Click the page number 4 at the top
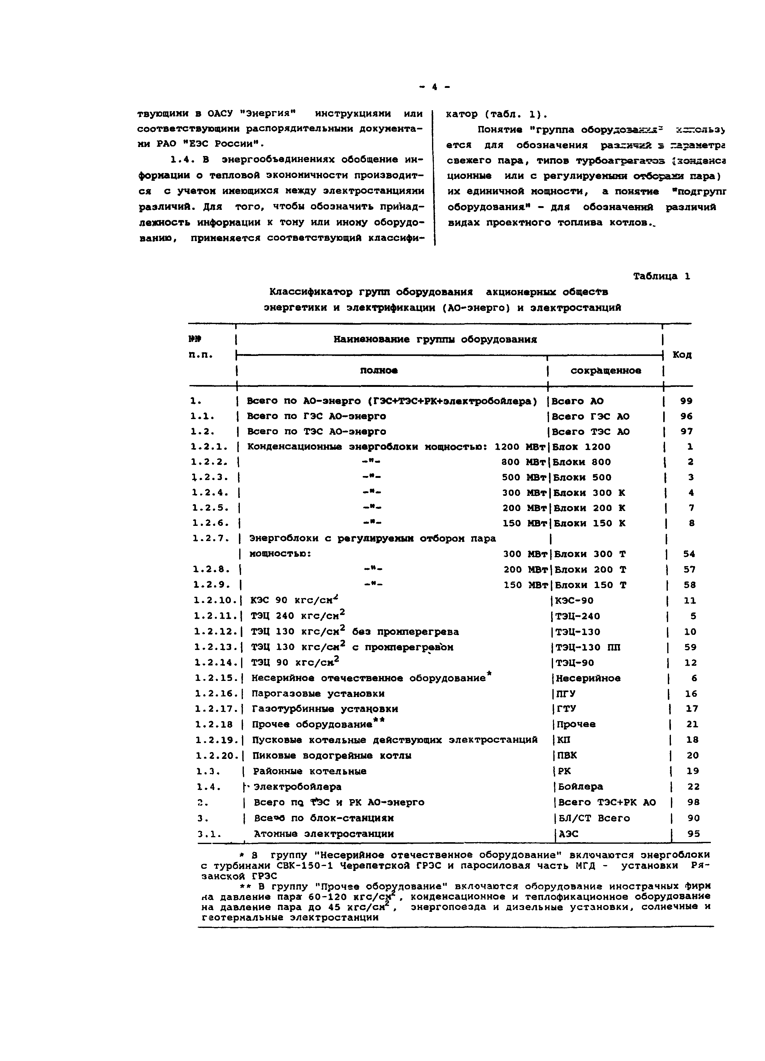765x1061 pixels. point(434,87)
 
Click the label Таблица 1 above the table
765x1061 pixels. point(661,276)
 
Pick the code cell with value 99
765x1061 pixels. point(686,401)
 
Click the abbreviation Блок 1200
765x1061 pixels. point(581,447)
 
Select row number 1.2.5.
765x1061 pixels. point(210,508)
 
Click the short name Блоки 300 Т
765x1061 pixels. point(590,554)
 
